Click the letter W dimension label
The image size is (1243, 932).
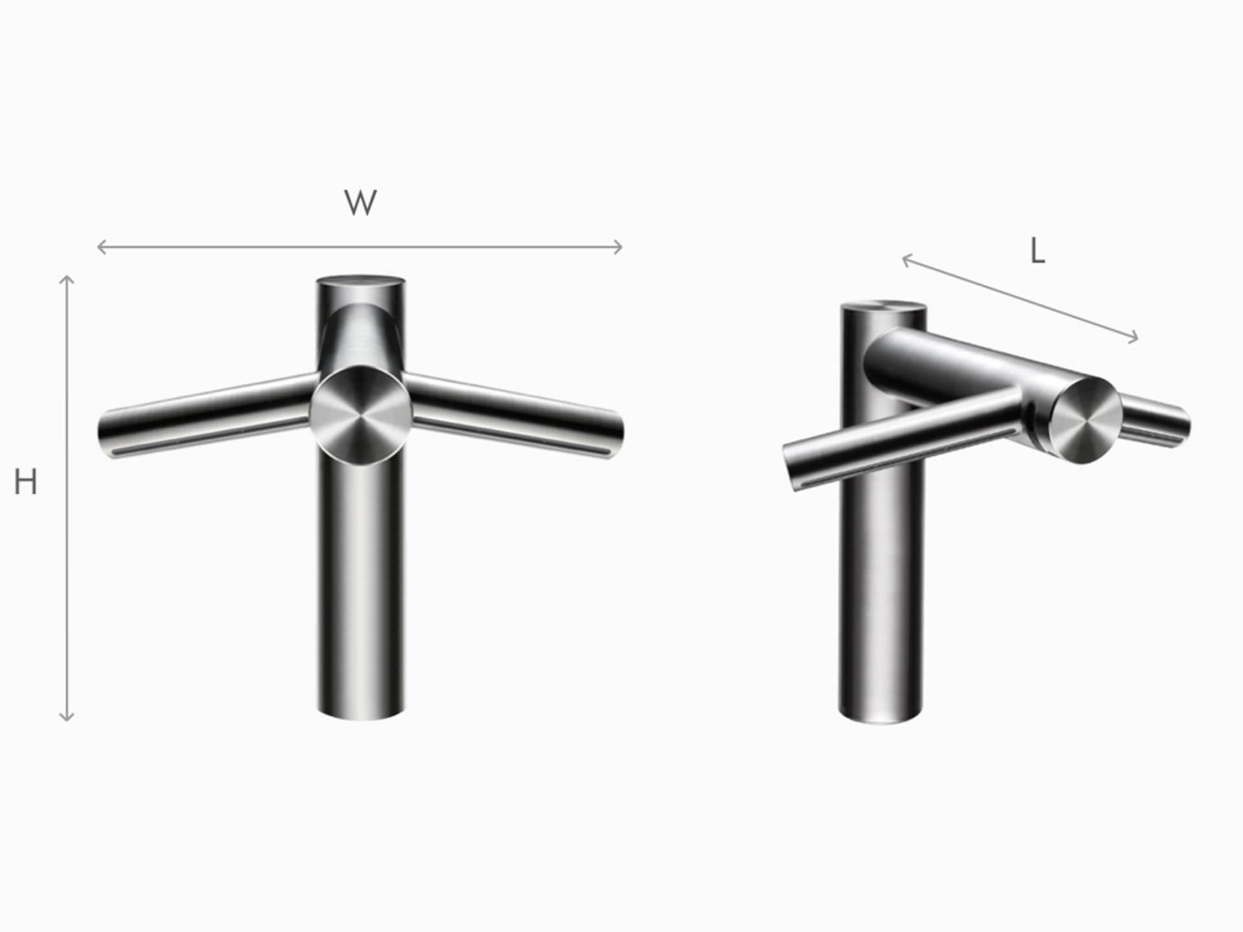(x=361, y=203)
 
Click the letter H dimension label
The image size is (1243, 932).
(x=25, y=483)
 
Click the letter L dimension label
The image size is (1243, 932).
(x=1038, y=252)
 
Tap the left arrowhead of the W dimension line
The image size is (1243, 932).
(x=100, y=247)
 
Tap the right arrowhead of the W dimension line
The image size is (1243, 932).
(x=620, y=247)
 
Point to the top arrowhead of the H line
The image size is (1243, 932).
(x=67, y=278)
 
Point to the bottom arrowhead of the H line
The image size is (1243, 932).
(x=67, y=718)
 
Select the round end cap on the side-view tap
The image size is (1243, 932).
(x=1086, y=421)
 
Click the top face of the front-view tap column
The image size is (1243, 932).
(x=361, y=282)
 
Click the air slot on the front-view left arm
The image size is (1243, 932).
(x=207, y=438)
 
